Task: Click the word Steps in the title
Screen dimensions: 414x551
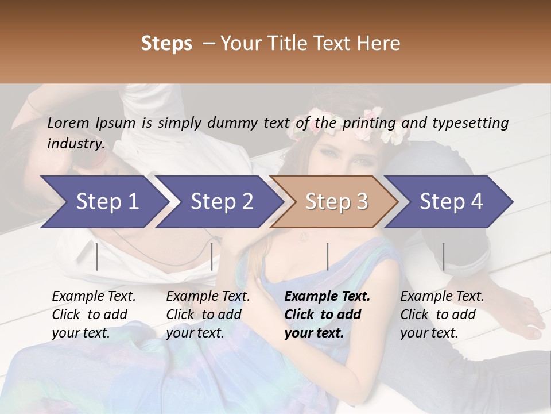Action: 166,43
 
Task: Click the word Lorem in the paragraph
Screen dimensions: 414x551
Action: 68,122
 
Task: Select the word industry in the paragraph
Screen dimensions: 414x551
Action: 75,143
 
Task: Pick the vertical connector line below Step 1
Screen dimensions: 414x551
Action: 96,256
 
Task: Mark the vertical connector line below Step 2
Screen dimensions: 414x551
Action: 212,256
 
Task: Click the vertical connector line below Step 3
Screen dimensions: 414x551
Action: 327,256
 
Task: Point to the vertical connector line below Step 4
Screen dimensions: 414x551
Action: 443,256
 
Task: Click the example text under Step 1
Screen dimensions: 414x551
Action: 94,315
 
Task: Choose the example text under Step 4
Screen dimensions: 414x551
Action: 442,315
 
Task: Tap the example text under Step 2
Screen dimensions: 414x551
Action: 208,315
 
